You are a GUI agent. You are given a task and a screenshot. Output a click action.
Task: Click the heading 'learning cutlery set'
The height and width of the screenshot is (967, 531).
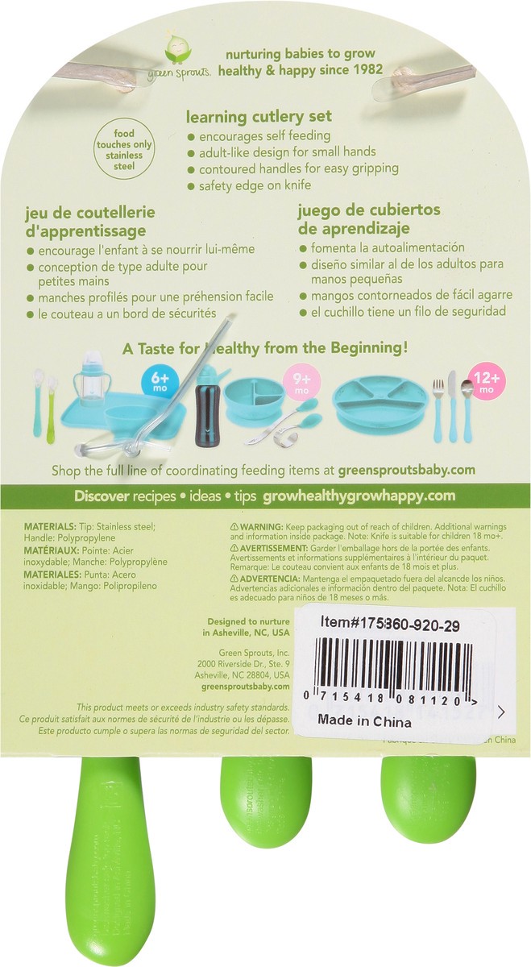tap(259, 117)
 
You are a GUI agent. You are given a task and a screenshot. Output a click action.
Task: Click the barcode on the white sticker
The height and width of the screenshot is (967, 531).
tap(392, 662)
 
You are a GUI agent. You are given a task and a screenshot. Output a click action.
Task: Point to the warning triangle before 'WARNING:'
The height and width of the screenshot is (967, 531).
tap(224, 525)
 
